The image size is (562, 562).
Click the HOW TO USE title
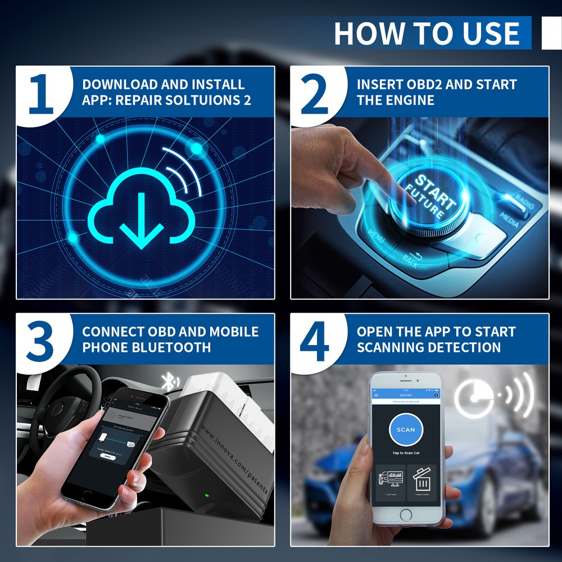(x=427, y=33)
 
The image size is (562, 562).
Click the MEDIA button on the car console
(x=509, y=220)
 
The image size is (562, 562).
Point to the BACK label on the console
(x=410, y=261)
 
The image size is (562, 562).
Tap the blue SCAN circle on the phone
(x=406, y=430)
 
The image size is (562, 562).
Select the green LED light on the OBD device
(x=206, y=496)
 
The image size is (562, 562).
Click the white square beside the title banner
(x=551, y=33)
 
